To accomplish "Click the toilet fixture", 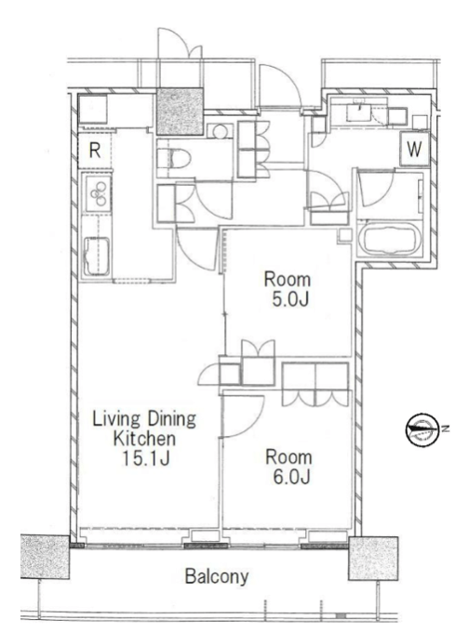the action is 174,158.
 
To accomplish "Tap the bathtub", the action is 390,239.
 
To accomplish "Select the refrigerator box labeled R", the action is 94,151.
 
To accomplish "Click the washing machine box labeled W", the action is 414,149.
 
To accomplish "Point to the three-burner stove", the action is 98,193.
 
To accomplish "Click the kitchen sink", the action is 96,257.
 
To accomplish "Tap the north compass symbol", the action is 422,429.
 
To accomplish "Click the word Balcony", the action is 216,576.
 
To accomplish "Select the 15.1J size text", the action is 146,458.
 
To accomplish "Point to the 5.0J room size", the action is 290,299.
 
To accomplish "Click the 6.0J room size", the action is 291,477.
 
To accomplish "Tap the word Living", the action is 116,419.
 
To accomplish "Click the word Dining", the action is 171,419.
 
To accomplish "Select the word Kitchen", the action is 144,439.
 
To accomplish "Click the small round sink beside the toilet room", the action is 220,131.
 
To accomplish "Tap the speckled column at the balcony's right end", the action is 373,559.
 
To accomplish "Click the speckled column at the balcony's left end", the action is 45,557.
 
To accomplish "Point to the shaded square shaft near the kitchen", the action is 180,112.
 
